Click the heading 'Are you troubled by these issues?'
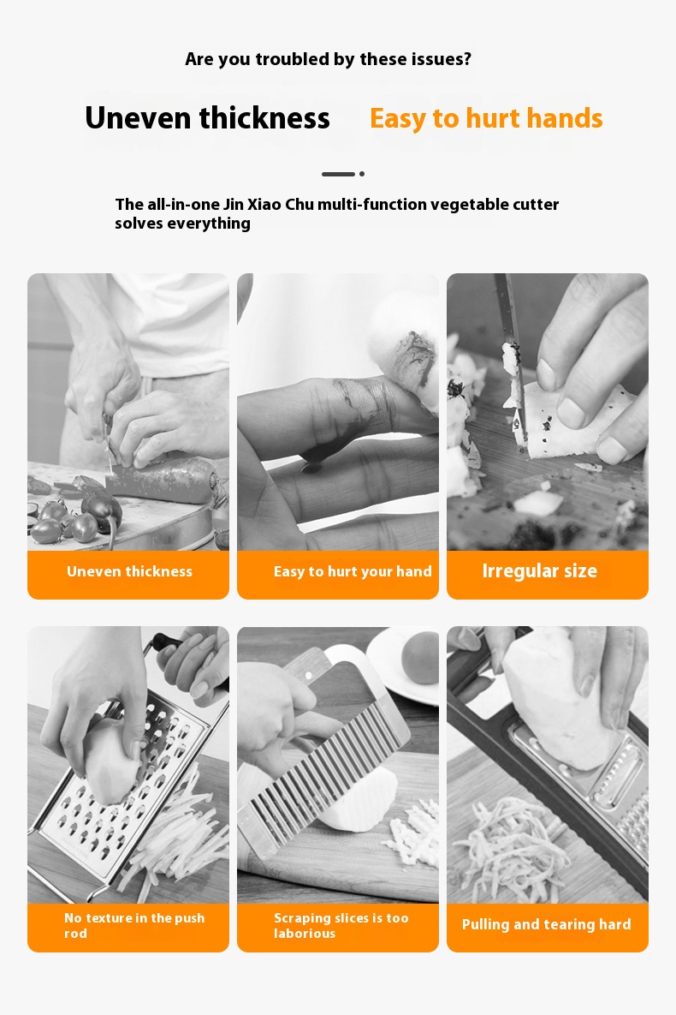click(x=328, y=60)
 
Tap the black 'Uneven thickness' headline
click(x=208, y=118)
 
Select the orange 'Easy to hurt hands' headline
click(x=486, y=118)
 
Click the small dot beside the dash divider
click(x=362, y=174)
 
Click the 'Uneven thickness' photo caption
click(x=129, y=571)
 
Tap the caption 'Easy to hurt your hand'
click(x=353, y=571)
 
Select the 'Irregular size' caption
click(x=539, y=571)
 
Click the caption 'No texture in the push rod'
click(x=133, y=925)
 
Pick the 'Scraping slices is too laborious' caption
click(x=341, y=925)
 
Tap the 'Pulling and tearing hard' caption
click(x=547, y=924)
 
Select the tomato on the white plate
click(x=420, y=658)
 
